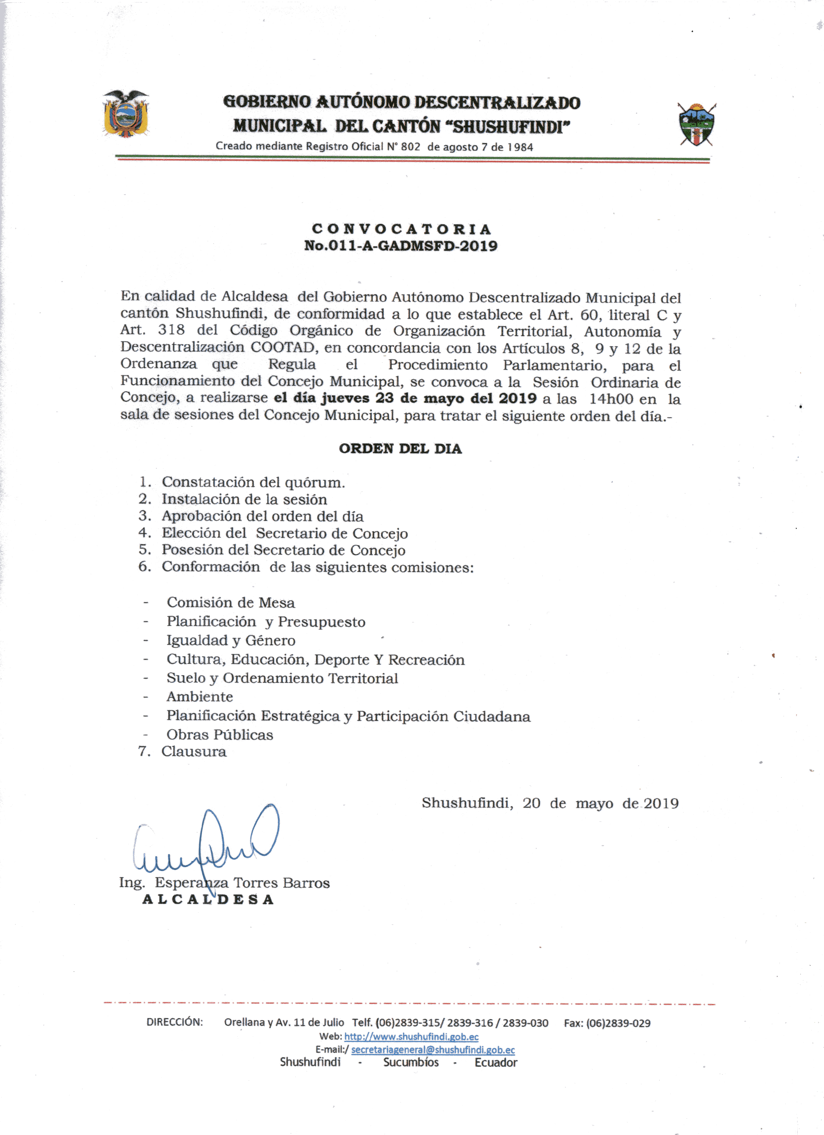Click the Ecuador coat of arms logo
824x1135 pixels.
pos(126,114)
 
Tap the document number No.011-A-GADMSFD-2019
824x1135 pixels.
pos(401,246)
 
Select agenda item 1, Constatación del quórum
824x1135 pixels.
pos(253,482)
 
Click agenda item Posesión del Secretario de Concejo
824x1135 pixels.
pos(283,550)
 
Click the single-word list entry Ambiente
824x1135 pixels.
pos(200,697)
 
